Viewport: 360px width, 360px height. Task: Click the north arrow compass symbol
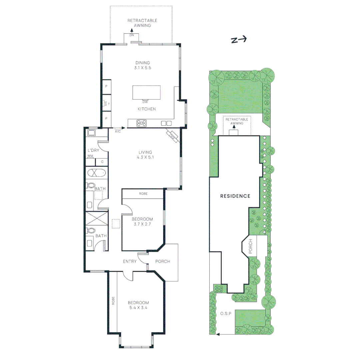[x=239, y=40]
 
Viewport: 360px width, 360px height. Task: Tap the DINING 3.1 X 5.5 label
[x=143, y=65]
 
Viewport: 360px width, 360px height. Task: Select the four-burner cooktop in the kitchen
[x=142, y=123]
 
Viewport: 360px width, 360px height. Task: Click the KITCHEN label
[x=147, y=109]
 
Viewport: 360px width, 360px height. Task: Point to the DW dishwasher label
[x=145, y=102]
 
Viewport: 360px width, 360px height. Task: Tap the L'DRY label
[x=93, y=150]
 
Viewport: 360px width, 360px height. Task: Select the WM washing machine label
[x=90, y=156]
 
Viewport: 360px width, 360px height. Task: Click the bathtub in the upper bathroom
[x=96, y=173]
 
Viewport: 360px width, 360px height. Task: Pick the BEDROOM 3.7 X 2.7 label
[x=142, y=222]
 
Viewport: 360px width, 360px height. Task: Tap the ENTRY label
[x=130, y=261]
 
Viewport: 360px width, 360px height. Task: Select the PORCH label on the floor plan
[x=163, y=261]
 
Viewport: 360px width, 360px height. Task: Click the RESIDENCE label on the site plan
[x=235, y=196]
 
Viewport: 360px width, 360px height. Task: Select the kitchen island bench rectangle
[x=146, y=92]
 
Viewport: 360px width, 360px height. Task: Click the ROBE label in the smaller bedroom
[x=143, y=194]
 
